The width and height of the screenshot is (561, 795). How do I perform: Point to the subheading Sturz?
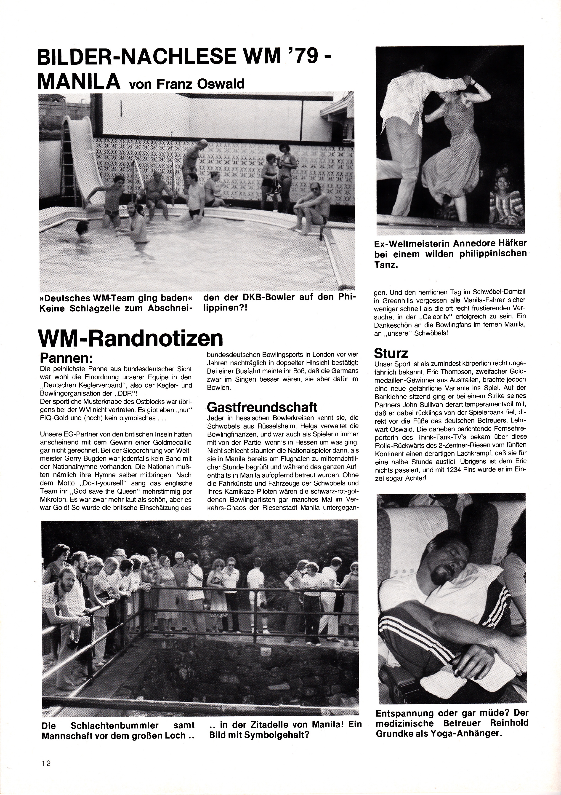(391, 353)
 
